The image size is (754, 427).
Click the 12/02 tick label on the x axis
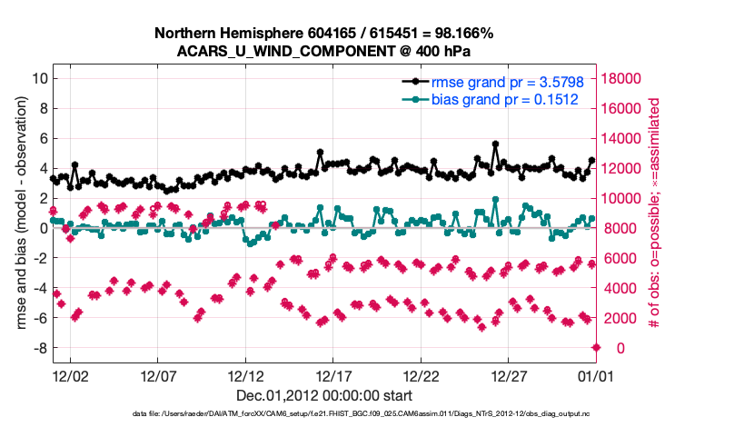[x=70, y=375]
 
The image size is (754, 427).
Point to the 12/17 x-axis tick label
[x=333, y=375]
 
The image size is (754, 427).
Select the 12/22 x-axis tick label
[x=422, y=375]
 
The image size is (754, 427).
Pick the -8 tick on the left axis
[x=38, y=348]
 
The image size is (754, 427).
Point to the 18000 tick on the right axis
[x=625, y=78]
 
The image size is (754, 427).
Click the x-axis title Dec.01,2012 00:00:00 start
[x=324, y=396]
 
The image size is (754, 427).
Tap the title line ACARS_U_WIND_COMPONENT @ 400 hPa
[x=324, y=51]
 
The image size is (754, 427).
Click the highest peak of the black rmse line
[x=495, y=144]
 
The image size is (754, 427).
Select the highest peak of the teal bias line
[x=495, y=199]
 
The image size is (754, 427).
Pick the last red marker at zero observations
[x=596, y=348]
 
